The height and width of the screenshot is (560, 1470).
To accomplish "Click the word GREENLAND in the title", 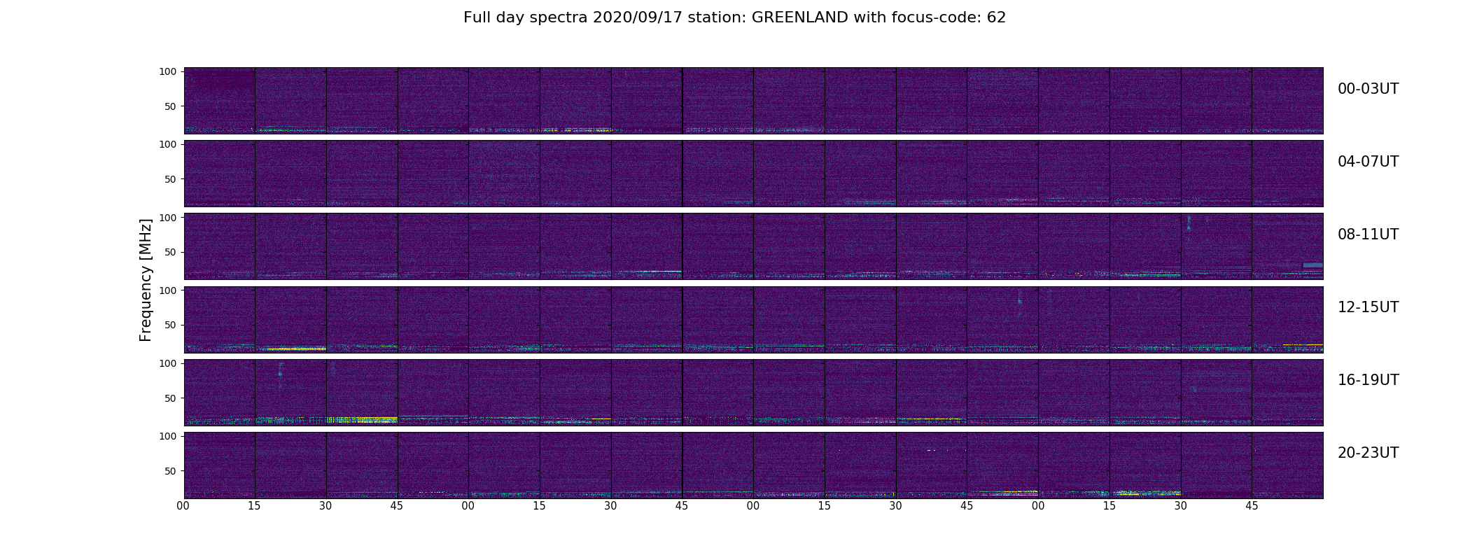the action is [799, 17].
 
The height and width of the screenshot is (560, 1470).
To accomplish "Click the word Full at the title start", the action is [475, 17].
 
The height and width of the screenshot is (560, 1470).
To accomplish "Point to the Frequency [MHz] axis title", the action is [146, 280].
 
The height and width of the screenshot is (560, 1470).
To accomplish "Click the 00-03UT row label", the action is [1368, 89].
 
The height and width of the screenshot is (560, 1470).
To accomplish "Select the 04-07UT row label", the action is [1368, 162].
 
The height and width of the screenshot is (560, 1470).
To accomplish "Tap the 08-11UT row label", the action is [1368, 234].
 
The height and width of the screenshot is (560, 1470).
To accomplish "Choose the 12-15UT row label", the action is [1368, 307].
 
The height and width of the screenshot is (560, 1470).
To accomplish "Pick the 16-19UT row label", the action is [1368, 380].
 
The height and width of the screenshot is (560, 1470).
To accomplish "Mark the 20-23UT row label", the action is [1368, 453].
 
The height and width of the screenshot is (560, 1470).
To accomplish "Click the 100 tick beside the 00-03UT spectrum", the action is [168, 71].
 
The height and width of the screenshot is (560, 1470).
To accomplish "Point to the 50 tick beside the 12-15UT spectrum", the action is [171, 325].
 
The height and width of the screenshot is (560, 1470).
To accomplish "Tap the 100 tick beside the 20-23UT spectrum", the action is [168, 436].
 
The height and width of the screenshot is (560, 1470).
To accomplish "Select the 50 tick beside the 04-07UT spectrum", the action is [171, 179].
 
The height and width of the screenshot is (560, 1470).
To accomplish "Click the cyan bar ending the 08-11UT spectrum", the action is [1312, 265].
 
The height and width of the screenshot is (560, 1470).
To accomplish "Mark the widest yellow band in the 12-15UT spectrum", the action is [293, 349].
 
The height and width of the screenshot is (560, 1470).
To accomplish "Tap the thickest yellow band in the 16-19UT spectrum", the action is [362, 420].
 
